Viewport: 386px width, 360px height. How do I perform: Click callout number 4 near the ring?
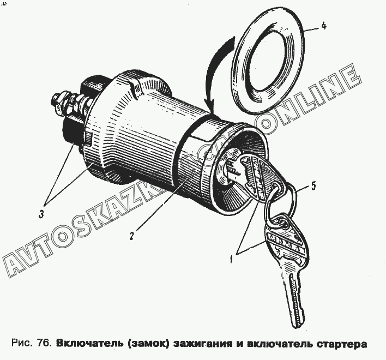pyautogui.click(x=324, y=26)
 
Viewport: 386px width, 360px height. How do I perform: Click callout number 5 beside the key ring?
pyautogui.click(x=313, y=186)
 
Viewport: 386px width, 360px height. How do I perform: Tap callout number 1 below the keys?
pyautogui.click(x=231, y=259)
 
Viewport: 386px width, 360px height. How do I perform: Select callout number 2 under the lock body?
pyautogui.click(x=131, y=236)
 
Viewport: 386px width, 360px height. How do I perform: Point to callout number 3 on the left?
pyautogui.click(x=41, y=214)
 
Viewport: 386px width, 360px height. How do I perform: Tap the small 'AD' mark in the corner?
pyautogui.click(x=4, y=4)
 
